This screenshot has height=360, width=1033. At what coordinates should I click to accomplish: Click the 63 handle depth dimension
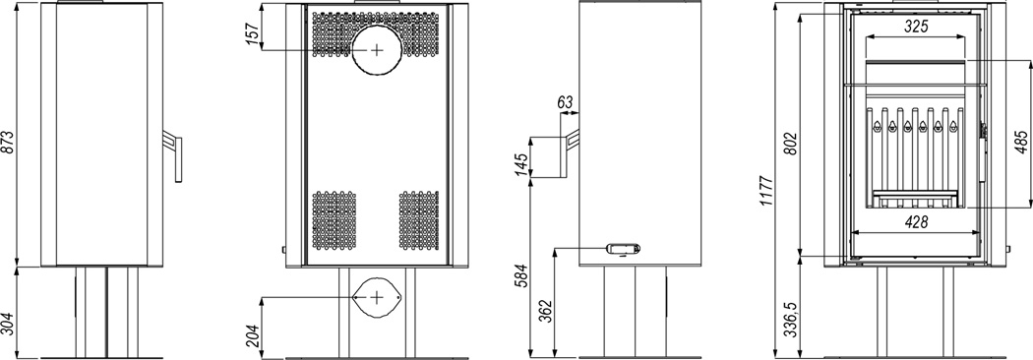click(x=566, y=102)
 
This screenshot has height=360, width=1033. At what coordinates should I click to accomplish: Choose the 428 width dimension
click(x=915, y=222)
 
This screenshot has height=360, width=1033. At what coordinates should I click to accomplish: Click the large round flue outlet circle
click(x=376, y=50)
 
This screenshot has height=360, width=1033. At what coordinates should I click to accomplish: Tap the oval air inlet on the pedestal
click(x=376, y=297)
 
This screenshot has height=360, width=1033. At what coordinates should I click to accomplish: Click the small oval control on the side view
click(x=623, y=248)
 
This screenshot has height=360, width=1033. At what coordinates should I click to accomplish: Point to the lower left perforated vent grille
click(x=334, y=220)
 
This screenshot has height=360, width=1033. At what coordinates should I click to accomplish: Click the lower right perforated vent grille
click(x=418, y=220)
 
